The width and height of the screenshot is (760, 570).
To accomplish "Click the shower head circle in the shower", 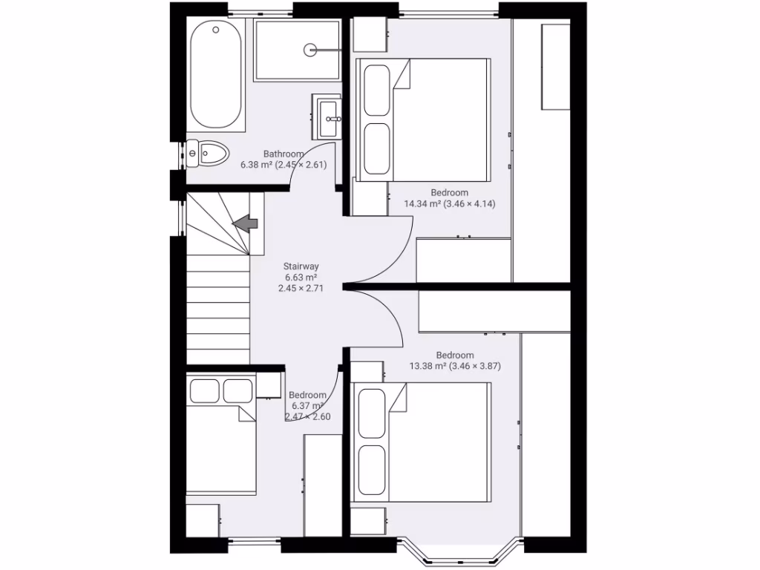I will click(x=309, y=50).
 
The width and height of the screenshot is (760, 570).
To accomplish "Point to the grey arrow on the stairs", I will click(x=245, y=222).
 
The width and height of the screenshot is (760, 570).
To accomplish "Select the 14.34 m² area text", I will click(x=422, y=203).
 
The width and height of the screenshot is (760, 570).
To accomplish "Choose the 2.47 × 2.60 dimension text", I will click(x=307, y=416).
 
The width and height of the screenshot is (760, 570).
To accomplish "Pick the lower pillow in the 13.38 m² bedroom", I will click(x=373, y=469).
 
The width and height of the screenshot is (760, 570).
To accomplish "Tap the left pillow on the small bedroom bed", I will click(x=204, y=390).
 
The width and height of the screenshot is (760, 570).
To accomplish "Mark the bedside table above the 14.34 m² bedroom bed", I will click(x=369, y=34).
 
